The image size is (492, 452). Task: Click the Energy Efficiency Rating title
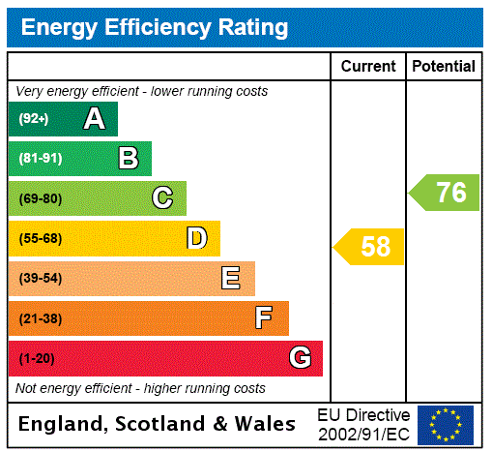pos(155,27)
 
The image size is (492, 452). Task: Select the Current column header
pos(367,66)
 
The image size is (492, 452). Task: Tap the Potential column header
pos(444,66)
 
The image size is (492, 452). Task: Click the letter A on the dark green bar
pos(94,119)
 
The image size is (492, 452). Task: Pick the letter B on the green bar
pos(128,159)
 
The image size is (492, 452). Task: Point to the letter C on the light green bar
pos(162,198)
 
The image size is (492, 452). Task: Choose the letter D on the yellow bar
pos(196,238)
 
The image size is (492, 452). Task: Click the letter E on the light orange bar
pos(231,279)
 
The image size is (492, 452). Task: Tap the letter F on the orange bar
pos(264,317)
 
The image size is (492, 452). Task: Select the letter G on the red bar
pos(300,358)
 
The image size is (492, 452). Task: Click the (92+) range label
pos(33,119)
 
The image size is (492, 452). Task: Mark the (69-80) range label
pos(40,198)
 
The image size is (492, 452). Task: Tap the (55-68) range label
pos(40,238)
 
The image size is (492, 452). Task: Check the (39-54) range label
pos(40,279)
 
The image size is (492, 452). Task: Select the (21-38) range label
pos(40,318)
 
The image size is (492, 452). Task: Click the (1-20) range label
pos(37,358)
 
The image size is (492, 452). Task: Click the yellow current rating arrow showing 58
pos(370,247)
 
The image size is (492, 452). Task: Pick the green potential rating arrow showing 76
pos(446,192)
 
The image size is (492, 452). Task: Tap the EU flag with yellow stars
pos(446,424)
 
